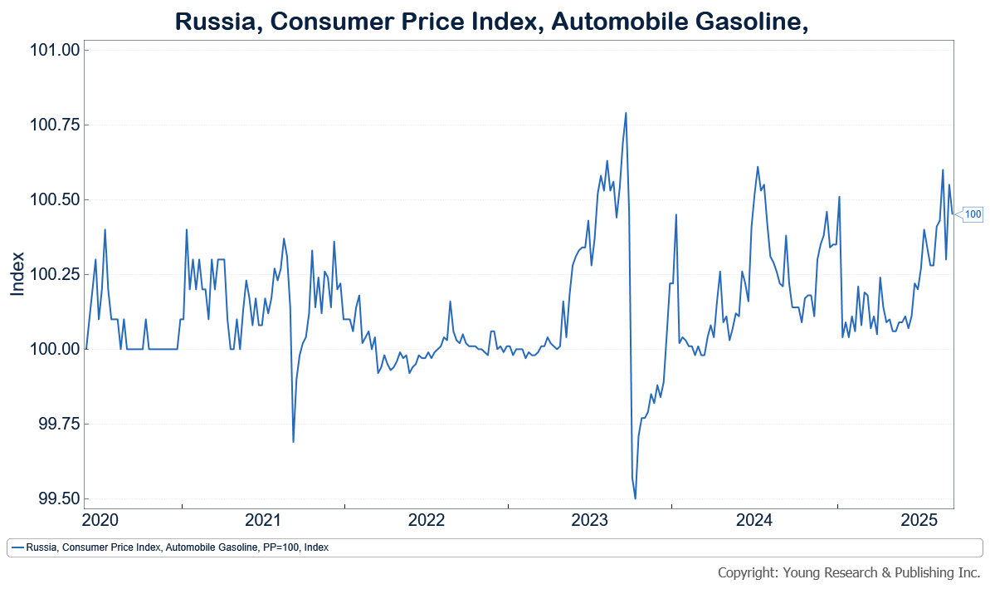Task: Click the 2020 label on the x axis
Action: [x=100, y=521]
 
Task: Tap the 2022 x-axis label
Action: [x=428, y=521]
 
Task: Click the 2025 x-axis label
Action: [x=919, y=521]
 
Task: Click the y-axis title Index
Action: [x=17, y=273]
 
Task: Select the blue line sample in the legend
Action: [x=17, y=547]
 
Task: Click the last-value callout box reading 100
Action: [x=973, y=214]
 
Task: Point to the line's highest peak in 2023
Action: [x=626, y=113]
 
